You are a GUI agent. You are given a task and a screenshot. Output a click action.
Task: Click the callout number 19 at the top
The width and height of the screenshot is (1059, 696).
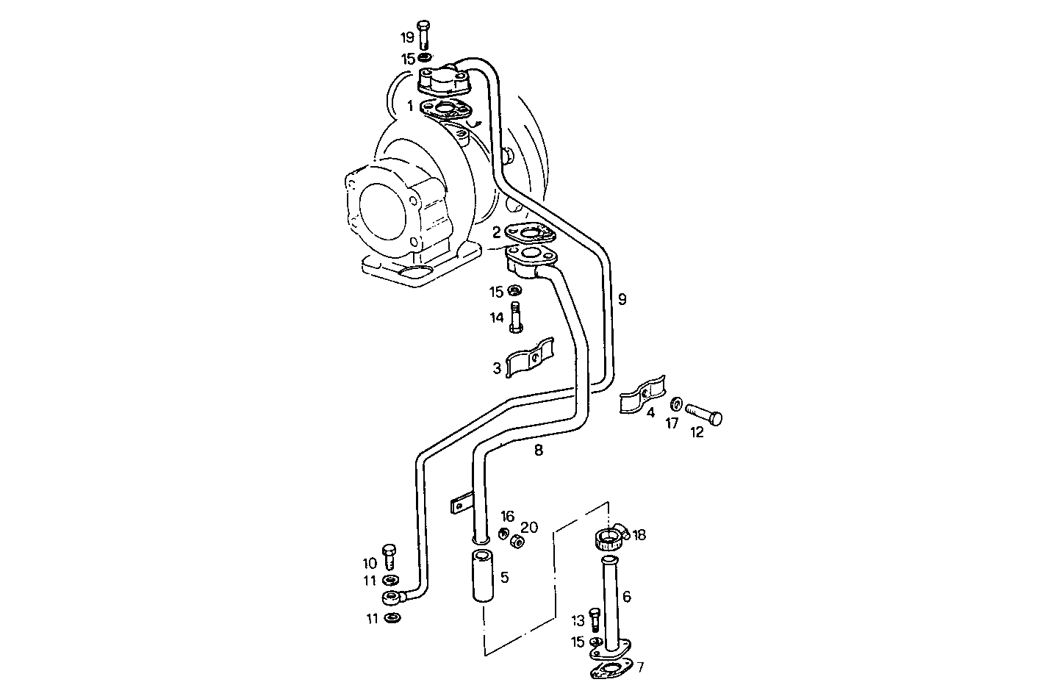[x=407, y=37]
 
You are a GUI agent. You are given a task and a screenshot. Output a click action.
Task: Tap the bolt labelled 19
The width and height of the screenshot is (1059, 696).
[x=423, y=35]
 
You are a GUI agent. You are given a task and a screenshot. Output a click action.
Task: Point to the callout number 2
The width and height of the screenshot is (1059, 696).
[x=497, y=233]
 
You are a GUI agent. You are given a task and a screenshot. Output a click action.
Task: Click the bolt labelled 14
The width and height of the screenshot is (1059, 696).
[x=516, y=317]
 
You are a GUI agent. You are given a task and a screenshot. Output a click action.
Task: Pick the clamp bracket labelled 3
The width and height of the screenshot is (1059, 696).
[x=530, y=359]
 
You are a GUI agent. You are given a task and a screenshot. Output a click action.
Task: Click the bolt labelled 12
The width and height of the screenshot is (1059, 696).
[x=705, y=415]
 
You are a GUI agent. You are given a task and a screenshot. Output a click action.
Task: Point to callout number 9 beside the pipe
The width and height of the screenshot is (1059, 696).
[x=622, y=299]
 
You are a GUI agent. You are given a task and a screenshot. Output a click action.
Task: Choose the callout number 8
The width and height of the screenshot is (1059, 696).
[x=539, y=450]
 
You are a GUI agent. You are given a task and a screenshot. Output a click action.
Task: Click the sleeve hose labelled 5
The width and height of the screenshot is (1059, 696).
[x=482, y=576]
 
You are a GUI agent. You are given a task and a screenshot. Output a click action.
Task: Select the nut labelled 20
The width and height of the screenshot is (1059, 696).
[x=517, y=542]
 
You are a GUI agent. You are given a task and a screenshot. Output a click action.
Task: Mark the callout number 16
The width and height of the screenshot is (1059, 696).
[x=508, y=516]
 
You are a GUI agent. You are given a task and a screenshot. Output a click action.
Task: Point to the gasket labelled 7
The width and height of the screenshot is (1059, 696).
[x=609, y=669]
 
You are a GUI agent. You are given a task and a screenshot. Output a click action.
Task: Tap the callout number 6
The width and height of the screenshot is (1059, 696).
[x=626, y=597]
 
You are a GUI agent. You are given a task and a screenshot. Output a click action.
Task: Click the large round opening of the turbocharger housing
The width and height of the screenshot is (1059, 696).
[x=385, y=209]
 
